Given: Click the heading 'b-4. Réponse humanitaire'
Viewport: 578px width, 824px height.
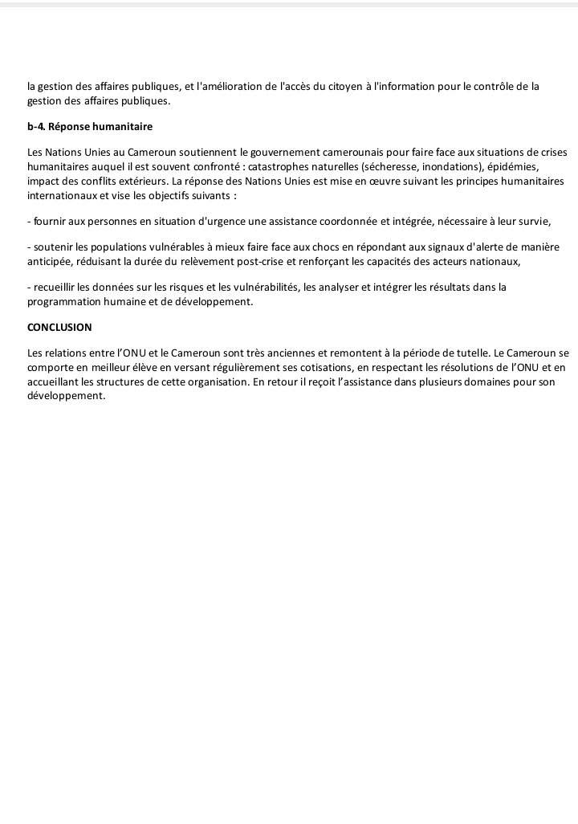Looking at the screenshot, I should pyautogui.click(x=90, y=127).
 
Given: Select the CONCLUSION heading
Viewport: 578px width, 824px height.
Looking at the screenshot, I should pyautogui.click(x=59, y=328).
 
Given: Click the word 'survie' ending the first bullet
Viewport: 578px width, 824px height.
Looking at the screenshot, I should pyautogui.click(x=534, y=221).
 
